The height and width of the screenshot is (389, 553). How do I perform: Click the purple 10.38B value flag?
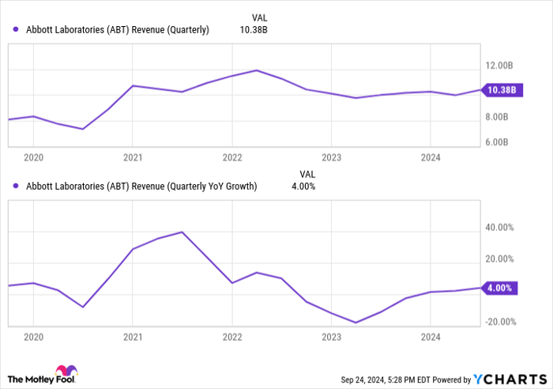click(500, 90)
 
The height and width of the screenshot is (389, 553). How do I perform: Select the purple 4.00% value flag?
click(500, 289)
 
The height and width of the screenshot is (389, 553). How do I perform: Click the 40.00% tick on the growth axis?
click(500, 228)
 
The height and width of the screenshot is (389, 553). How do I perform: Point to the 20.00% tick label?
click(500, 259)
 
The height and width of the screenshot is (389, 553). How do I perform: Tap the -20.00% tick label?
click(498, 322)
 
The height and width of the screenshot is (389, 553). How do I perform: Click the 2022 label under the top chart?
click(231, 157)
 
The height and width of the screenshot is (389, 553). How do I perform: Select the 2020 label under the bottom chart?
click(33, 338)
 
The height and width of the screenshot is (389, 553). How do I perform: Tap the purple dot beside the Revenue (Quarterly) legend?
click(15, 30)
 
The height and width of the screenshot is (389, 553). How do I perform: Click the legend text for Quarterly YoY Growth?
click(141, 187)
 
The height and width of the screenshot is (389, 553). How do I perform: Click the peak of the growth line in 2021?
click(182, 232)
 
